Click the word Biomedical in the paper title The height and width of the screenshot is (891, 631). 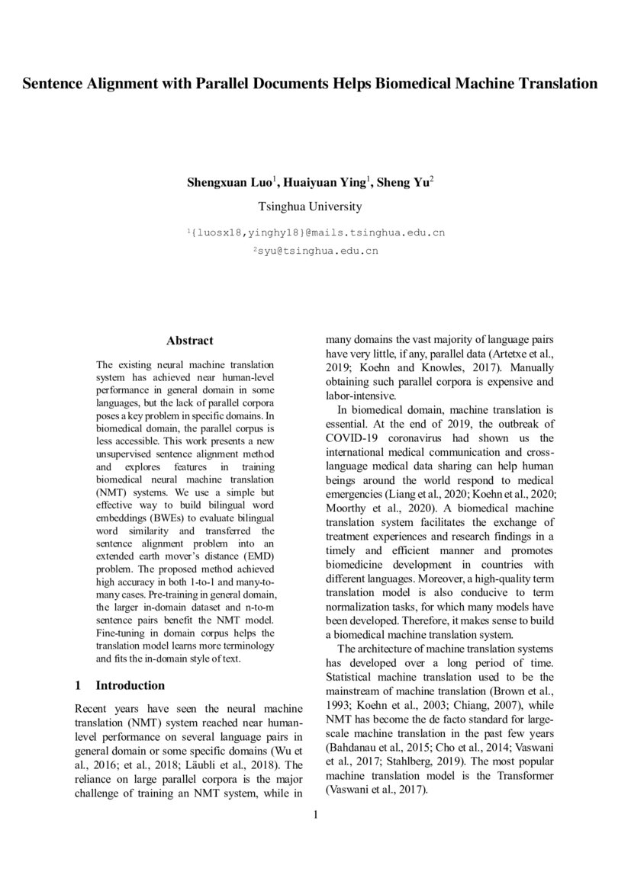tap(413, 84)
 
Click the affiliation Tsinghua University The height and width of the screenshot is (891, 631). tap(310, 207)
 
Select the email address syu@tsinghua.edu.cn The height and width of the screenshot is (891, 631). tap(316, 249)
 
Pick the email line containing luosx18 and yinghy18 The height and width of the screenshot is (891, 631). tap(316, 232)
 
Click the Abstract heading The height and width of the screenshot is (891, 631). tap(190, 341)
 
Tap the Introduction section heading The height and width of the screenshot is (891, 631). tap(130, 685)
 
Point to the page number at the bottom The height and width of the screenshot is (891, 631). tap(315, 815)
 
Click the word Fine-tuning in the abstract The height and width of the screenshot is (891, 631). tap(122, 633)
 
